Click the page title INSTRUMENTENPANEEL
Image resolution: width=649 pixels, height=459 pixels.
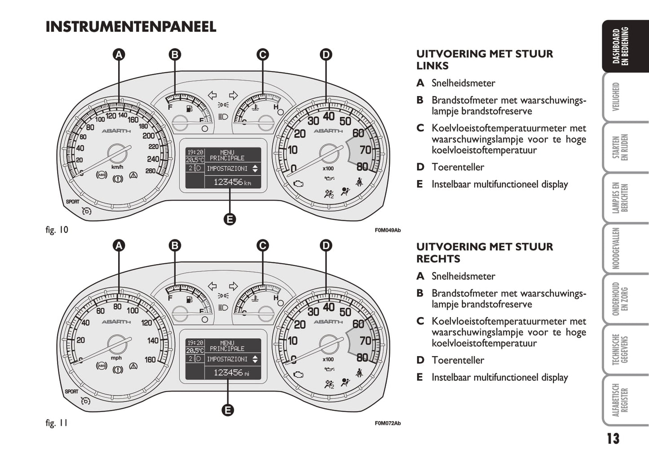click(131, 26)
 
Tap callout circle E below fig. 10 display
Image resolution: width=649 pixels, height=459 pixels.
click(230, 219)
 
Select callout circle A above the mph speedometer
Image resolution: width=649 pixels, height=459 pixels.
click(119, 246)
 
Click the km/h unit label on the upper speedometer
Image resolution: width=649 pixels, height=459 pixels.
click(117, 167)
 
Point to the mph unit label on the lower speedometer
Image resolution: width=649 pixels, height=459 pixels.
click(116, 358)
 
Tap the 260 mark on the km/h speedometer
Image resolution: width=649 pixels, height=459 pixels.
click(150, 171)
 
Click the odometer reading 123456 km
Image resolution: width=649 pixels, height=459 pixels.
click(232, 182)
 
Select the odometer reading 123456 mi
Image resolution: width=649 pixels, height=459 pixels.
click(231, 373)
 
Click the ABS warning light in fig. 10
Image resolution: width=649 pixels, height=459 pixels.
click(102, 175)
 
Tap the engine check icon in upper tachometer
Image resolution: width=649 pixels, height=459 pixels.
click(298, 183)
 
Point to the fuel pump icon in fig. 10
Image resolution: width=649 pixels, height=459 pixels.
click(190, 109)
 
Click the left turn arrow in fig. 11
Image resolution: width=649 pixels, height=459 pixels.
click(212, 286)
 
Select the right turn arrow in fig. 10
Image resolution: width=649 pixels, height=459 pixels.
click(233, 95)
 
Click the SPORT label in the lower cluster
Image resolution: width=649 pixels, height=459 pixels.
click(71, 392)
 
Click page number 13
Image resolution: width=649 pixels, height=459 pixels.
click(613, 439)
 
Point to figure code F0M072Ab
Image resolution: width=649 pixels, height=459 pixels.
click(388, 424)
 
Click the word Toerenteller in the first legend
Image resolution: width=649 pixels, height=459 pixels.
click(458, 167)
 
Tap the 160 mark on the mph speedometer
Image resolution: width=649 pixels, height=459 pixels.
click(150, 360)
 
